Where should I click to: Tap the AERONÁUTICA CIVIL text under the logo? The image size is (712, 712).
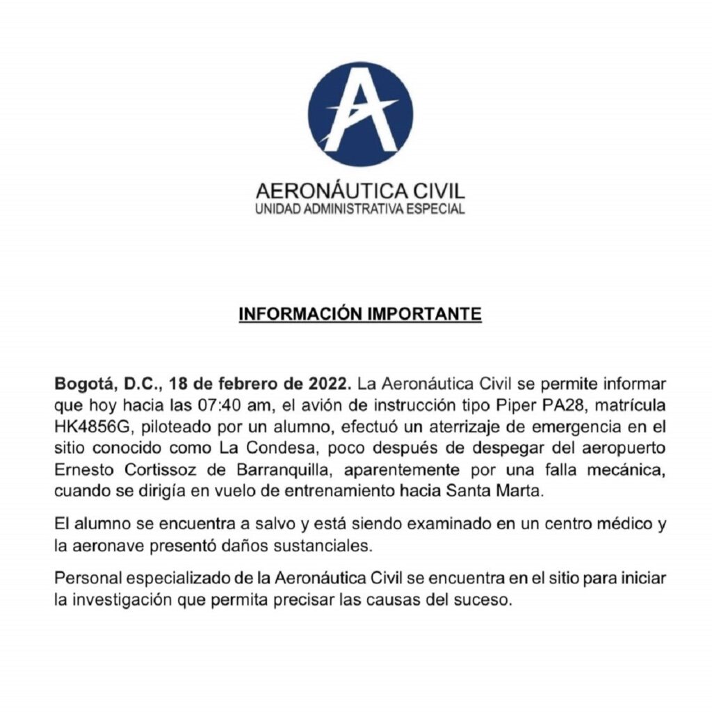[360, 190]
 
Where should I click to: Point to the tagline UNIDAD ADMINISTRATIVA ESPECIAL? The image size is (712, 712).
[360, 209]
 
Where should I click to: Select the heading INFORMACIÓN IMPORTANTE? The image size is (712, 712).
[360, 314]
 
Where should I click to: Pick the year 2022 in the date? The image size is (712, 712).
[331, 384]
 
